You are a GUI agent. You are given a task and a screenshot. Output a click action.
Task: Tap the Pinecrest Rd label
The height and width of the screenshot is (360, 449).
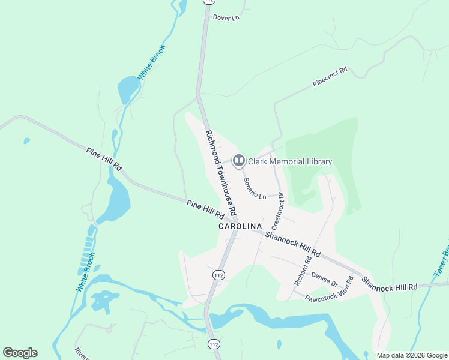pos(330,78)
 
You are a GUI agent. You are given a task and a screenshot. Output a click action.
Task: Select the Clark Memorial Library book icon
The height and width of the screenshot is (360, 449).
pos(238,161)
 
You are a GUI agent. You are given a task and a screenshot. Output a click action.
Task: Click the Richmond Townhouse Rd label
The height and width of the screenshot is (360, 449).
pos(221,174)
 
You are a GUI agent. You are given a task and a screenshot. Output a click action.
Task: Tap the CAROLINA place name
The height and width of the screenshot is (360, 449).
pos(240,226)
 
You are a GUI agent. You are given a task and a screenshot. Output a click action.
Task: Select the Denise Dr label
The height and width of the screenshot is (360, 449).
pos(325,279)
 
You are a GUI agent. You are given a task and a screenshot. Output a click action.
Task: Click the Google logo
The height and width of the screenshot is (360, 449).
pos(20,353)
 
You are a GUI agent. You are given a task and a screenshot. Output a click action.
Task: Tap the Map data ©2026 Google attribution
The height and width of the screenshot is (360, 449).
pos(412,355)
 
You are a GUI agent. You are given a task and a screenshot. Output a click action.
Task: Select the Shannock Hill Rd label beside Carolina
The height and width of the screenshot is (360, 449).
pos(292,243)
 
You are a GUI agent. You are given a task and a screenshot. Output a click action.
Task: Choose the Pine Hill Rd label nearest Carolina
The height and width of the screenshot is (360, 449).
pos(205,209)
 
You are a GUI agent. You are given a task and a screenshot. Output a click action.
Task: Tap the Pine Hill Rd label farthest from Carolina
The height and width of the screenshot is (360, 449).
pos(104,159)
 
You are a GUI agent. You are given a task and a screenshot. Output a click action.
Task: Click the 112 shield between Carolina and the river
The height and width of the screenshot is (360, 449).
pos(218,274)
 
